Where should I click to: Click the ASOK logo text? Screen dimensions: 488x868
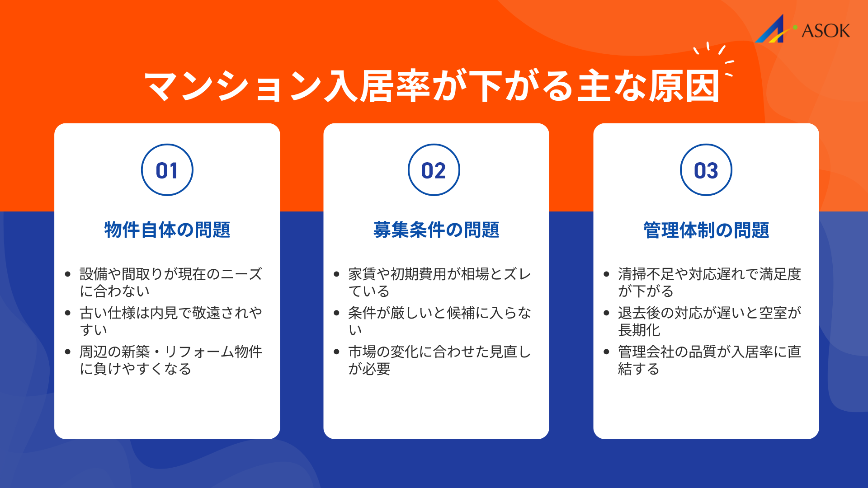click(826, 31)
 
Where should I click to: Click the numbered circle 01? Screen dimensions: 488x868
click(167, 170)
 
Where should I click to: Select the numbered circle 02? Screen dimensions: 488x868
click(434, 170)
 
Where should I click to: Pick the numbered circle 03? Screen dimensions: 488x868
click(706, 170)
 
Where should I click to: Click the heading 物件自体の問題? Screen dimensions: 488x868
click(167, 230)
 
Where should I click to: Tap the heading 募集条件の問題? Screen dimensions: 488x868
click(436, 230)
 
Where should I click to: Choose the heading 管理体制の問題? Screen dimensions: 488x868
click(706, 230)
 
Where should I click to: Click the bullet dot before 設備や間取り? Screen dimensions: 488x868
click(68, 274)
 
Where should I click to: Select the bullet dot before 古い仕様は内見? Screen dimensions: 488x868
click(68, 313)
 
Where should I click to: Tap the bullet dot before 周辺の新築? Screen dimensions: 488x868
click(68, 352)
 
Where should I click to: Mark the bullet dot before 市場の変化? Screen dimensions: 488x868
click(336, 352)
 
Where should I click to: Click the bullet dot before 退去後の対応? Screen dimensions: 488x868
click(607, 313)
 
